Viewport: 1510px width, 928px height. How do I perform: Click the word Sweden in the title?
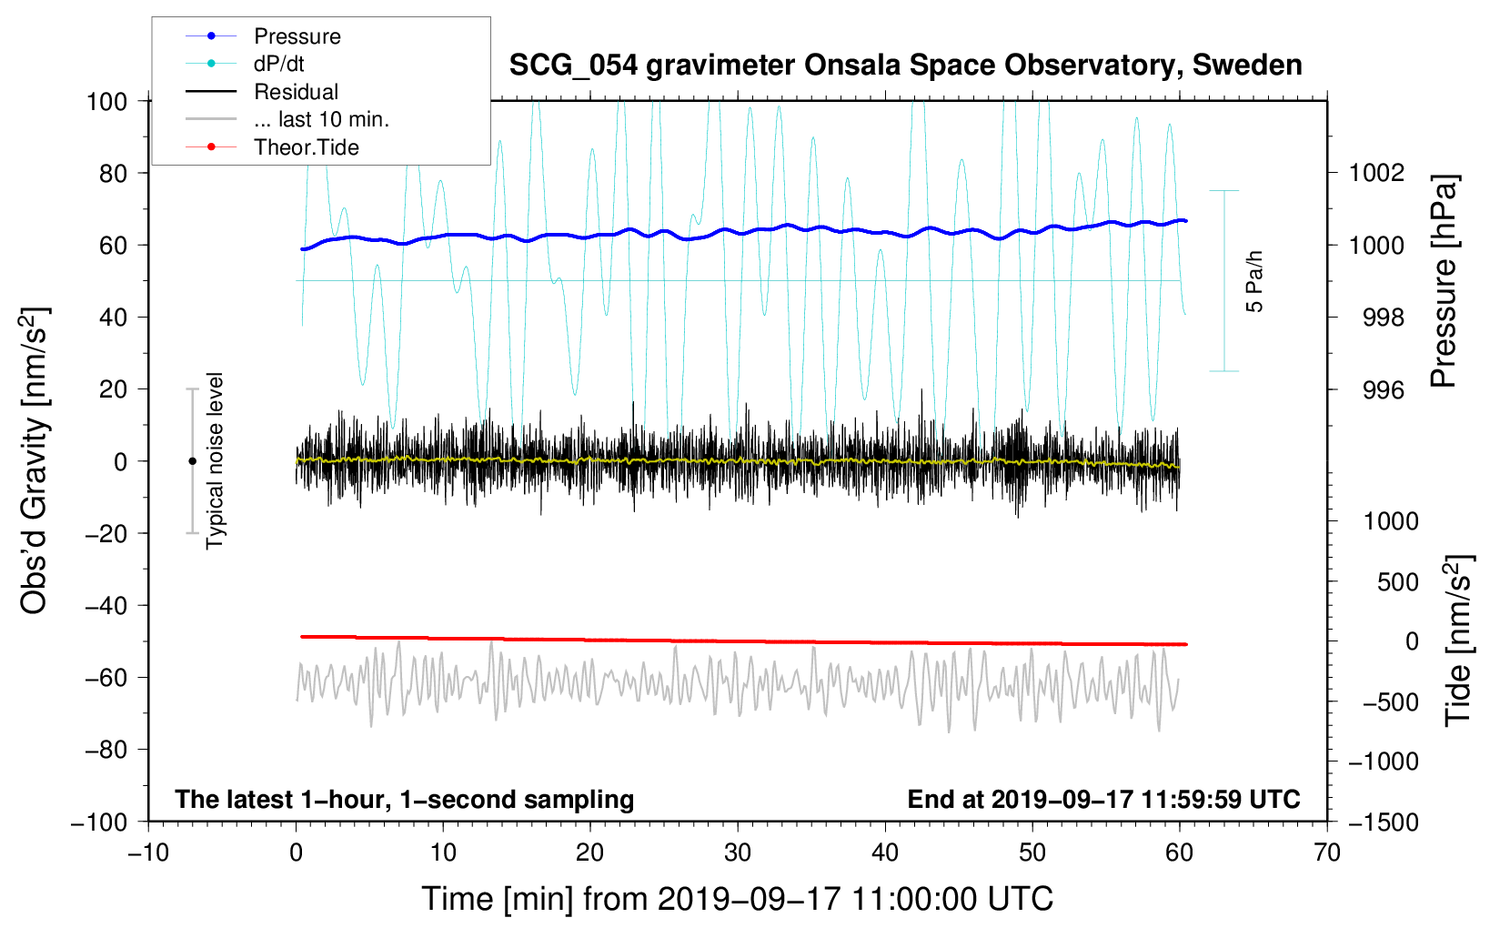coord(1247,66)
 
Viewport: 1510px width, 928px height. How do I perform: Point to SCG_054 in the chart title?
coord(573,66)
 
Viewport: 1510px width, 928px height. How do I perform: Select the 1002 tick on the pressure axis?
coord(1376,174)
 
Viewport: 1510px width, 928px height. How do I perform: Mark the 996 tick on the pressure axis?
coord(1384,389)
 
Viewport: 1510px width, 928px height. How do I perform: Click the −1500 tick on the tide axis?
coord(1384,822)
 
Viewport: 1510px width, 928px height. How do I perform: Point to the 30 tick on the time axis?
coord(738,853)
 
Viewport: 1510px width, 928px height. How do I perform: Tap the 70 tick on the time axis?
coord(1326,853)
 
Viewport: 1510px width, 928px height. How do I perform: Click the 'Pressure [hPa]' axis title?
coord(1444,281)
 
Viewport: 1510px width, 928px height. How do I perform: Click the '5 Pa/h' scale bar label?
coord(1253,281)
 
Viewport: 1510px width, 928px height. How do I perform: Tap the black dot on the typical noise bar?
coord(192,461)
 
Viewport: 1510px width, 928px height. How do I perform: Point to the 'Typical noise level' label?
coord(214,461)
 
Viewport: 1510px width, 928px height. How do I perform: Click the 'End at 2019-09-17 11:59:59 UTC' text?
coord(1103,799)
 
